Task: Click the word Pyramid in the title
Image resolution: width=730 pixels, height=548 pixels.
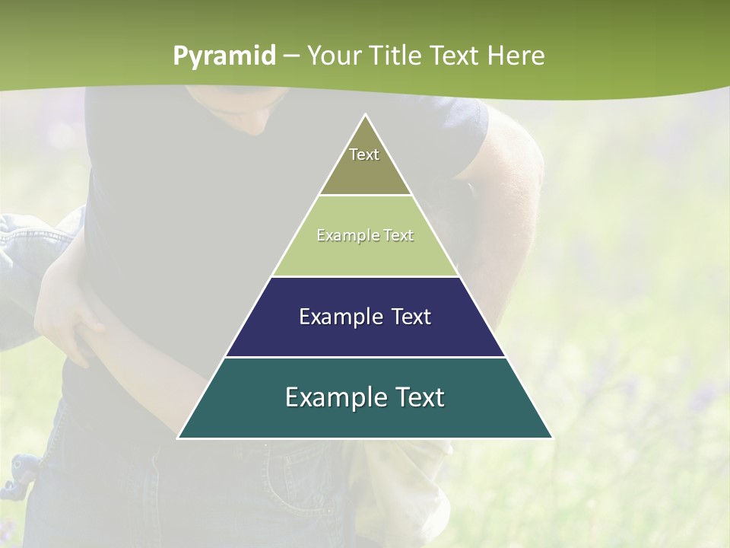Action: point(224,56)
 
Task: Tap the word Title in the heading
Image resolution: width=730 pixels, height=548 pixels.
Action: point(398,56)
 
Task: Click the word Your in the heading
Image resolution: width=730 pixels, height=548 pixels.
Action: point(335,56)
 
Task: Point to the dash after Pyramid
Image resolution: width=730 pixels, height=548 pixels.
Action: point(291,56)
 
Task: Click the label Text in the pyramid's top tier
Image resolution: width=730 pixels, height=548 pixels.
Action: point(364,155)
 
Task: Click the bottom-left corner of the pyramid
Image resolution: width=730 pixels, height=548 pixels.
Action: point(179,438)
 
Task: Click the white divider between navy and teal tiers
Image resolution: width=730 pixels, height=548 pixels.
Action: point(365,357)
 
